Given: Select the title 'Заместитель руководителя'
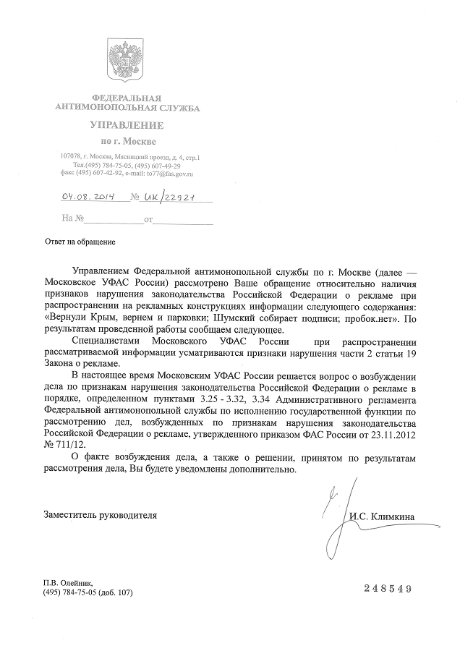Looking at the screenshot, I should (100, 516).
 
